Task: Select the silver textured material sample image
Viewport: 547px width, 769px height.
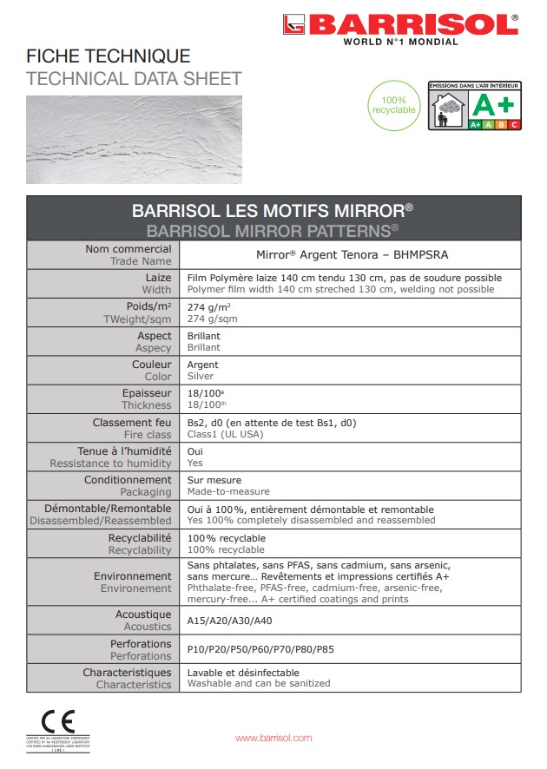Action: click(x=134, y=139)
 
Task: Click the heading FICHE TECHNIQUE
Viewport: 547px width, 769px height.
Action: click(x=109, y=57)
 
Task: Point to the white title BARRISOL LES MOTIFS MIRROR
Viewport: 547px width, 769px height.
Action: click(x=272, y=211)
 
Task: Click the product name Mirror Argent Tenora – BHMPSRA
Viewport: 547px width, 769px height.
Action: click(x=352, y=255)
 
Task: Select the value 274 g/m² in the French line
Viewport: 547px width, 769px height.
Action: click(x=208, y=307)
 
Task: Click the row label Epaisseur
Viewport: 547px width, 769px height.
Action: click(x=147, y=393)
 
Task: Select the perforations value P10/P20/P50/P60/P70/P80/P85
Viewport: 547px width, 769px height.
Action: click(x=260, y=649)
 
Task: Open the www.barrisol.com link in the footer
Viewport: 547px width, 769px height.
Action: click(x=273, y=738)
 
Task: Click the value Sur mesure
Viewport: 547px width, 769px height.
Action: click(x=214, y=480)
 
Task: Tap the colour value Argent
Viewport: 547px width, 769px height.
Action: click(x=203, y=365)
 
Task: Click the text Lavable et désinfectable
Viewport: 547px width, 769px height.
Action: click(x=243, y=673)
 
